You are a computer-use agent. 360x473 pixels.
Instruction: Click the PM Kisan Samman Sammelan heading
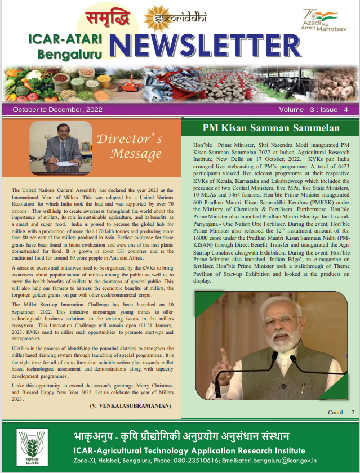[270, 128]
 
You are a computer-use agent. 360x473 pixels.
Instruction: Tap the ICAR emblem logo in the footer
[29, 447]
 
